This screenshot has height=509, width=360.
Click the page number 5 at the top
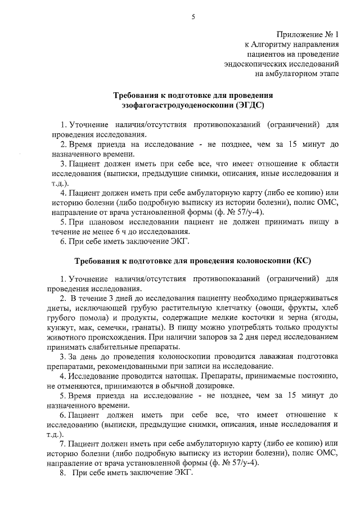coord(192,17)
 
